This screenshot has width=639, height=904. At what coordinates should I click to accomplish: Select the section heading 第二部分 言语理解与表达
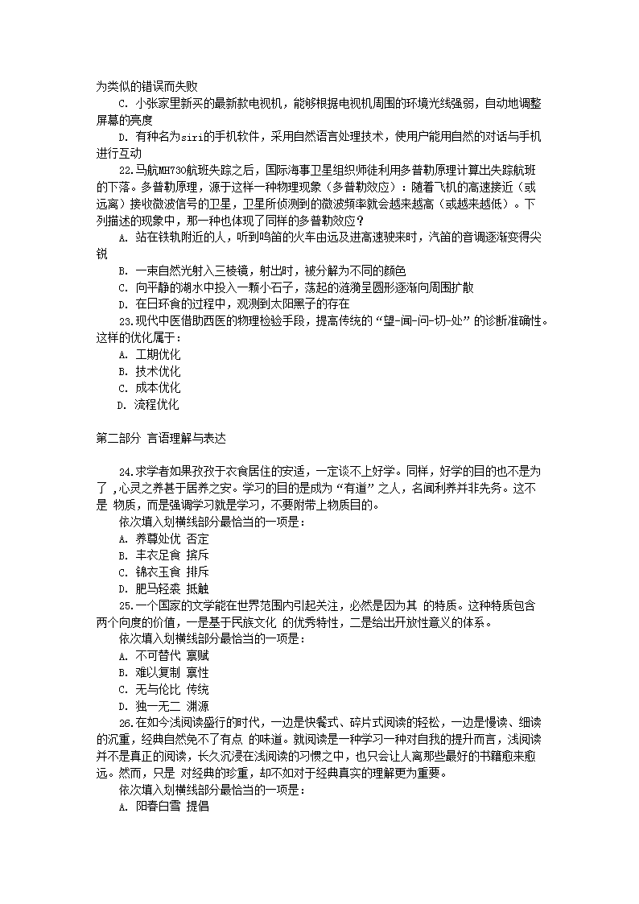click(161, 439)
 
